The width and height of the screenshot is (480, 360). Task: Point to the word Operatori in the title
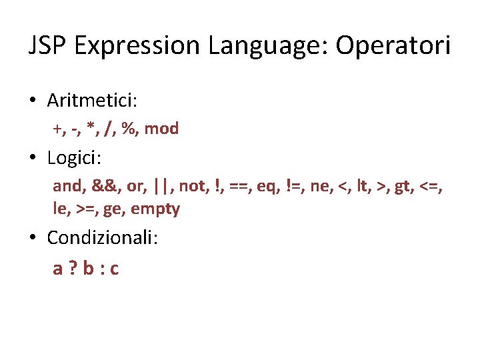(x=393, y=45)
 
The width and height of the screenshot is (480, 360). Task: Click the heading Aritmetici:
(x=92, y=101)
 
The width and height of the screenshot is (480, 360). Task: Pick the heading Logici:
(x=74, y=158)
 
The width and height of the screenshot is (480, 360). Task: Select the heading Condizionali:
(x=103, y=237)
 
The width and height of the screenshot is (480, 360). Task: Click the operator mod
(x=161, y=129)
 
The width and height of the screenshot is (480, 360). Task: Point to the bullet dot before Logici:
(x=32, y=159)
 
